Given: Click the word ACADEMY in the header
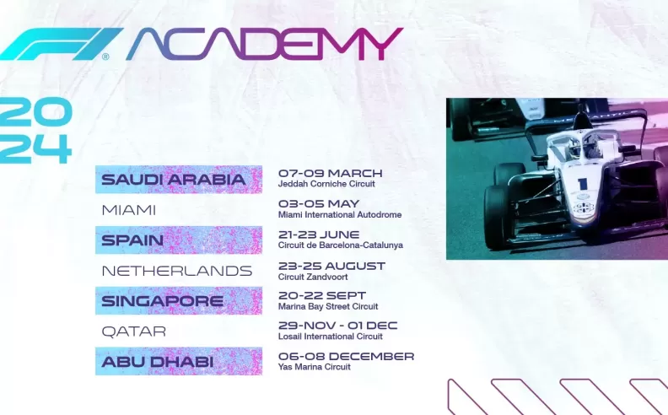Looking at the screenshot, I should point(264,44).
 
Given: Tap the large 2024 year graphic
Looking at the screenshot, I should point(35,131).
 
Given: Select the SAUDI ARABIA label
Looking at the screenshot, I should point(173,180).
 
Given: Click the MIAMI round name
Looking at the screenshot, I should point(128,210).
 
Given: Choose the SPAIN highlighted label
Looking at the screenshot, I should point(132,240).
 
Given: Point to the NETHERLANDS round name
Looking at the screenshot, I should point(176,271).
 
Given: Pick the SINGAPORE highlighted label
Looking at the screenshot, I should point(162,301).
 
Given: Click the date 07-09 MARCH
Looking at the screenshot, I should point(330,173).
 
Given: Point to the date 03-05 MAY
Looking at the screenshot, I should point(318,203).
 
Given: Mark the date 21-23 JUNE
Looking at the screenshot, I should point(318,234).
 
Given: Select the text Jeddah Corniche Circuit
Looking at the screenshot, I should point(326,184).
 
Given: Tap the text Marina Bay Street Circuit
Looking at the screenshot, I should point(328,306).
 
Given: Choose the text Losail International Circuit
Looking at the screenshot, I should point(330,337).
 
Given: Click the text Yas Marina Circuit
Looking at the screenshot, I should point(314,367).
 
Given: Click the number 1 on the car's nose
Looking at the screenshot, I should point(582,184).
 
